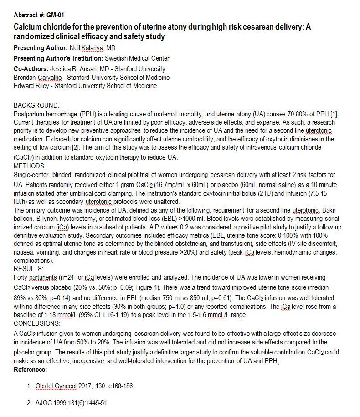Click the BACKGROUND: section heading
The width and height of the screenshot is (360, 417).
36,105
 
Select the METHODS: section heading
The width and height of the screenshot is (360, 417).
30,166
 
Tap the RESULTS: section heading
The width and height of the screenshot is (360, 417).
29,269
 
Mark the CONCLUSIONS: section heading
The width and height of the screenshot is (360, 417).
37,323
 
